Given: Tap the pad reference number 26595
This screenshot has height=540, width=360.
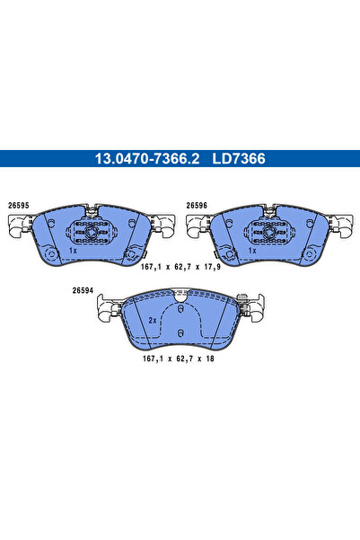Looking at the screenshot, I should pyautogui.click(x=19, y=206).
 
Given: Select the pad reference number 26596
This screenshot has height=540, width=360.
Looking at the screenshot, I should pyautogui.click(x=198, y=206).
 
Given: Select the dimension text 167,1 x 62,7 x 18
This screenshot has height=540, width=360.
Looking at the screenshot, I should pyautogui.click(x=180, y=357).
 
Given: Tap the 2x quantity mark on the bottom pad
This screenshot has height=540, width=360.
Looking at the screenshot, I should pyautogui.click(x=153, y=321).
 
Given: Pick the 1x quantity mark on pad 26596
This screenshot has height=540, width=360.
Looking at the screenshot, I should pyautogui.click(x=254, y=252).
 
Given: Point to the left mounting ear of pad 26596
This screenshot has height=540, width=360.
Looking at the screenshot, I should pyautogui.click(x=196, y=227).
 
